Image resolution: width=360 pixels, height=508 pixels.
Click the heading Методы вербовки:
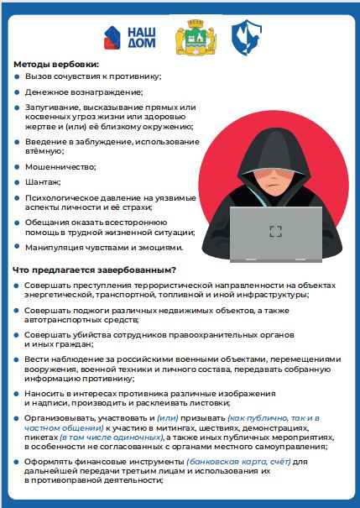(55, 65)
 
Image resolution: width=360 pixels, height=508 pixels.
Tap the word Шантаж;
(44, 181)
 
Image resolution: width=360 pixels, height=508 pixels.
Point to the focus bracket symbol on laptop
(275, 231)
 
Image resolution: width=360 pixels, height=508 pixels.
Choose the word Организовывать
(62, 417)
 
